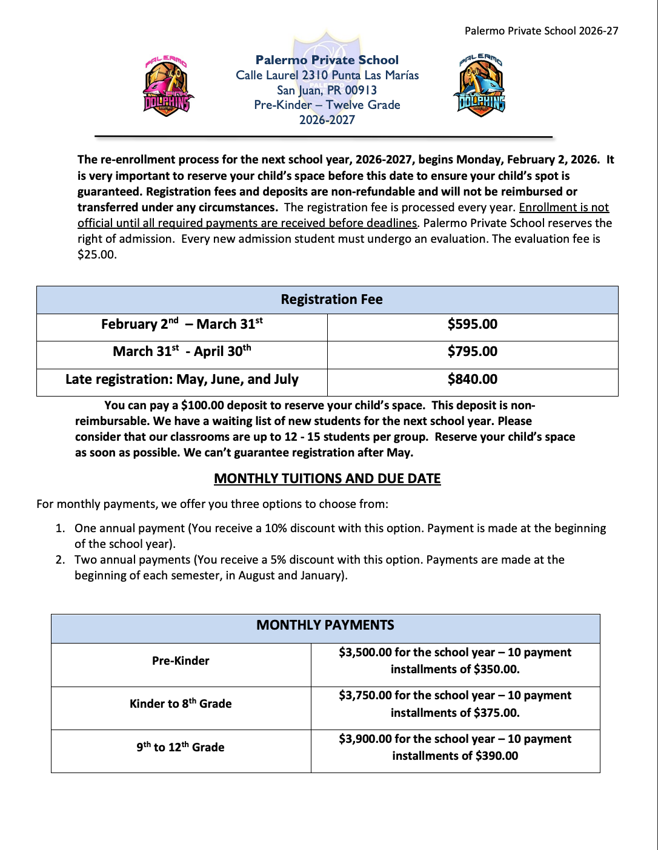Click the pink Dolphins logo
click(168, 87)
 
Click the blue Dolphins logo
click(480, 85)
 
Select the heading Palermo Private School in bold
click(327, 60)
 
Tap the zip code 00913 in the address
click(361, 90)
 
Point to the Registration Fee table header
click(331, 300)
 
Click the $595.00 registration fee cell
click(472, 325)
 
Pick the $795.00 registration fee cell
click(472, 352)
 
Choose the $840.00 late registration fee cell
click(472, 380)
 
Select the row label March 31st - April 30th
click(182, 352)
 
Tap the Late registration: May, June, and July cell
click(182, 380)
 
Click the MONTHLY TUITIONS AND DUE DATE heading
click(327, 479)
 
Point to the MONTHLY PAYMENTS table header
click(325, 625)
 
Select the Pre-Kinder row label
click(181, 661)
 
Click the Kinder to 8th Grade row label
click(181, 703)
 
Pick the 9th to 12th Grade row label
click(181, 747)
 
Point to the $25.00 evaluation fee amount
click(97, 255)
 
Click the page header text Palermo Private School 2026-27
click(541, 31)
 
